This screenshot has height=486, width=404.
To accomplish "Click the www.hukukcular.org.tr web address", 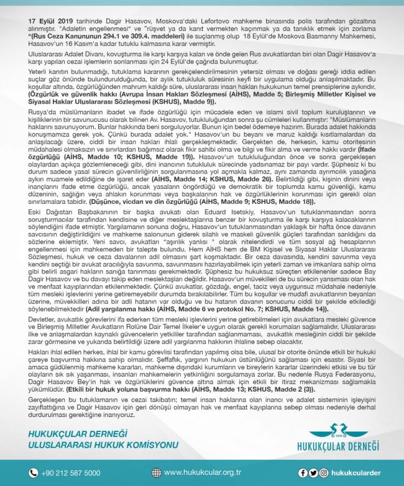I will click(x=203, y=472).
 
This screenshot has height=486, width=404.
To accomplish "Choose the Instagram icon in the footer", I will click(x=323, y=472).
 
